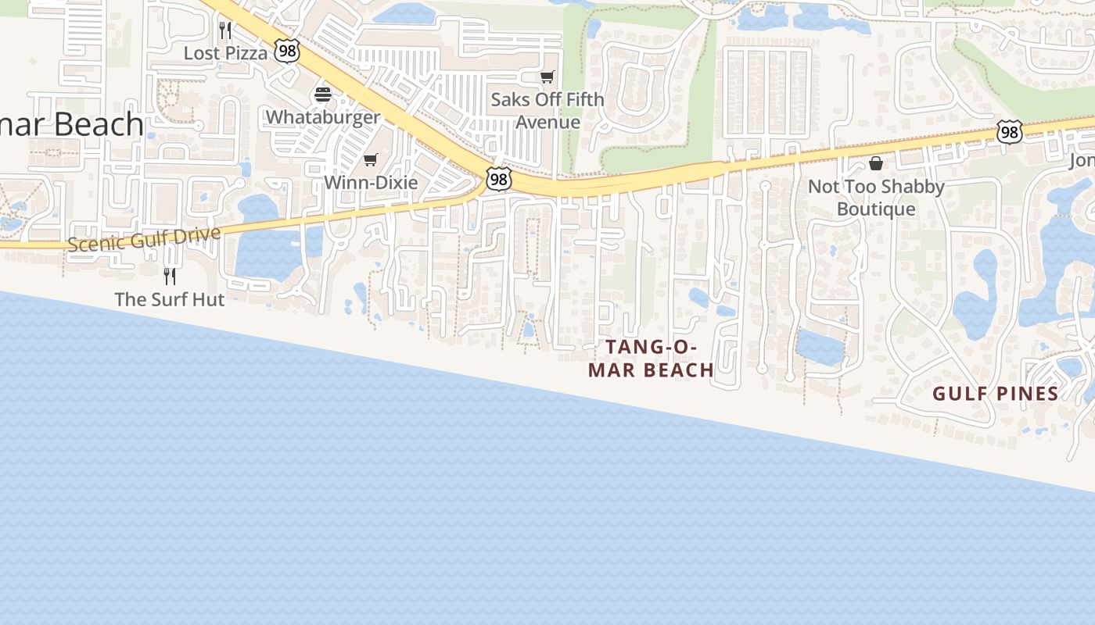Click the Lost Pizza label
[225, 53]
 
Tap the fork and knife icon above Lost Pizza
[225, 30]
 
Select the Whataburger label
[322, 117]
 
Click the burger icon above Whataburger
[323, 95]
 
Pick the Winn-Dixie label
[371, 183]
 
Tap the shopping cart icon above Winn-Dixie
[371, 160]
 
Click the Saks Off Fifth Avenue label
[547, 111]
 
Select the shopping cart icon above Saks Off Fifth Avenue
[547, 77]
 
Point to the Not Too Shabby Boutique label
[876, 198]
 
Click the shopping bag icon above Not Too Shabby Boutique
[876, 163]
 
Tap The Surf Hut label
[169, 299]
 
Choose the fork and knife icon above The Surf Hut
[169, 276]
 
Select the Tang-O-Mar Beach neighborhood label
[651, 359]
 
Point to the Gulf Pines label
[995, 394]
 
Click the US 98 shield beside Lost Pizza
[287, 52]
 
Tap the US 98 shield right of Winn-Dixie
[498, 179]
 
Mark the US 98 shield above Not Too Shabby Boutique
[1009, 132]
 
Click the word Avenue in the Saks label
[547, 123]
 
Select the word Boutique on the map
[876, 209]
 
